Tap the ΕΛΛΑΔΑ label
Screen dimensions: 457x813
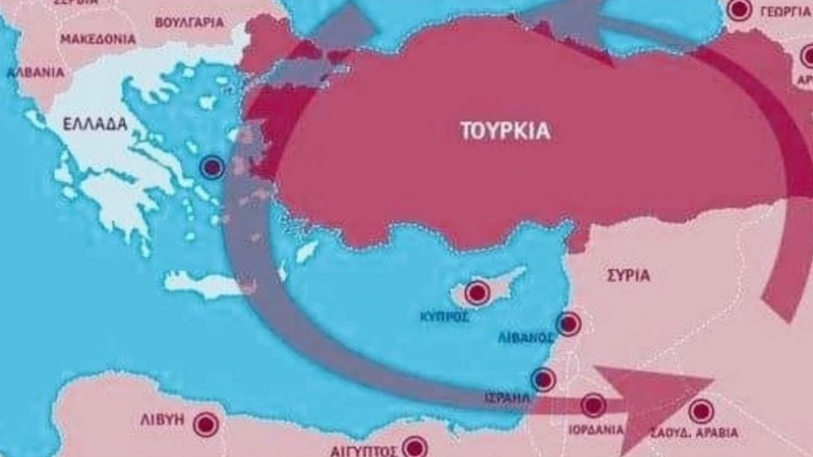[x=95, y=124]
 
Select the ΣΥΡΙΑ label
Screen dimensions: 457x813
[x=629, y=275]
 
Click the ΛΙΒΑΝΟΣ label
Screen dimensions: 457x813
[x=526, y=337]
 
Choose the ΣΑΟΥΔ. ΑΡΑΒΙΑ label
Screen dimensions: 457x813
[x=694, y=433]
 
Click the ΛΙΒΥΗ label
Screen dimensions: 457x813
[x=163, y=420]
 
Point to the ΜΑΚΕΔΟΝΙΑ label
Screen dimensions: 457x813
[x=98, y=39]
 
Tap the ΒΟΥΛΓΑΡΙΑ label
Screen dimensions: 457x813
[x=189, y=22]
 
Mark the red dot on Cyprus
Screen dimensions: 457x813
[x=477, y=292]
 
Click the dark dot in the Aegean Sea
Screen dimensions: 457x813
[x=212, y=167]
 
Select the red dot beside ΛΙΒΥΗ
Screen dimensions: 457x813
[x=207, y=424]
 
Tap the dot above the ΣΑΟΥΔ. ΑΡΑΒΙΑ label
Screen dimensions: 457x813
[x=701, y=412]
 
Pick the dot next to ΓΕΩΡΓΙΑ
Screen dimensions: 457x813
[x=739, y=10]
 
